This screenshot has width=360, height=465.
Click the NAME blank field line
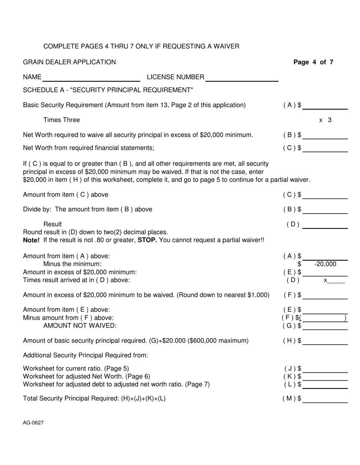[x=92, y=78]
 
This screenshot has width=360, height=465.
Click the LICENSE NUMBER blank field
[x=242, y=78]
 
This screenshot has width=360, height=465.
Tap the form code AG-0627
[x=33, y=423]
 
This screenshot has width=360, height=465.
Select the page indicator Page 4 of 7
[x=313, y=62]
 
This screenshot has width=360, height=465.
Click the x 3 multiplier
[x=325, y=120]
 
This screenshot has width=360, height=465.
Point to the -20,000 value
[x=325, y=264]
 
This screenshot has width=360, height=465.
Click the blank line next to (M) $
[x=325, y=399]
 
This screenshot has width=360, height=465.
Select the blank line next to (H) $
[x=325, y=341]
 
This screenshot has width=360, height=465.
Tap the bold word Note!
[x=32, y=240]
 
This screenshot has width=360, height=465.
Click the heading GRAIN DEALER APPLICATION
[x=69, y=62]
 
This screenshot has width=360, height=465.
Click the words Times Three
[x=61, y=120]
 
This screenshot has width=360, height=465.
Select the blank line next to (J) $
[x=325, y=369]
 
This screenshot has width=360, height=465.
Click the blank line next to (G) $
[x=325, y=326]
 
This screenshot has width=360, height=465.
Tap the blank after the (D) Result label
[x=325, y=225]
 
